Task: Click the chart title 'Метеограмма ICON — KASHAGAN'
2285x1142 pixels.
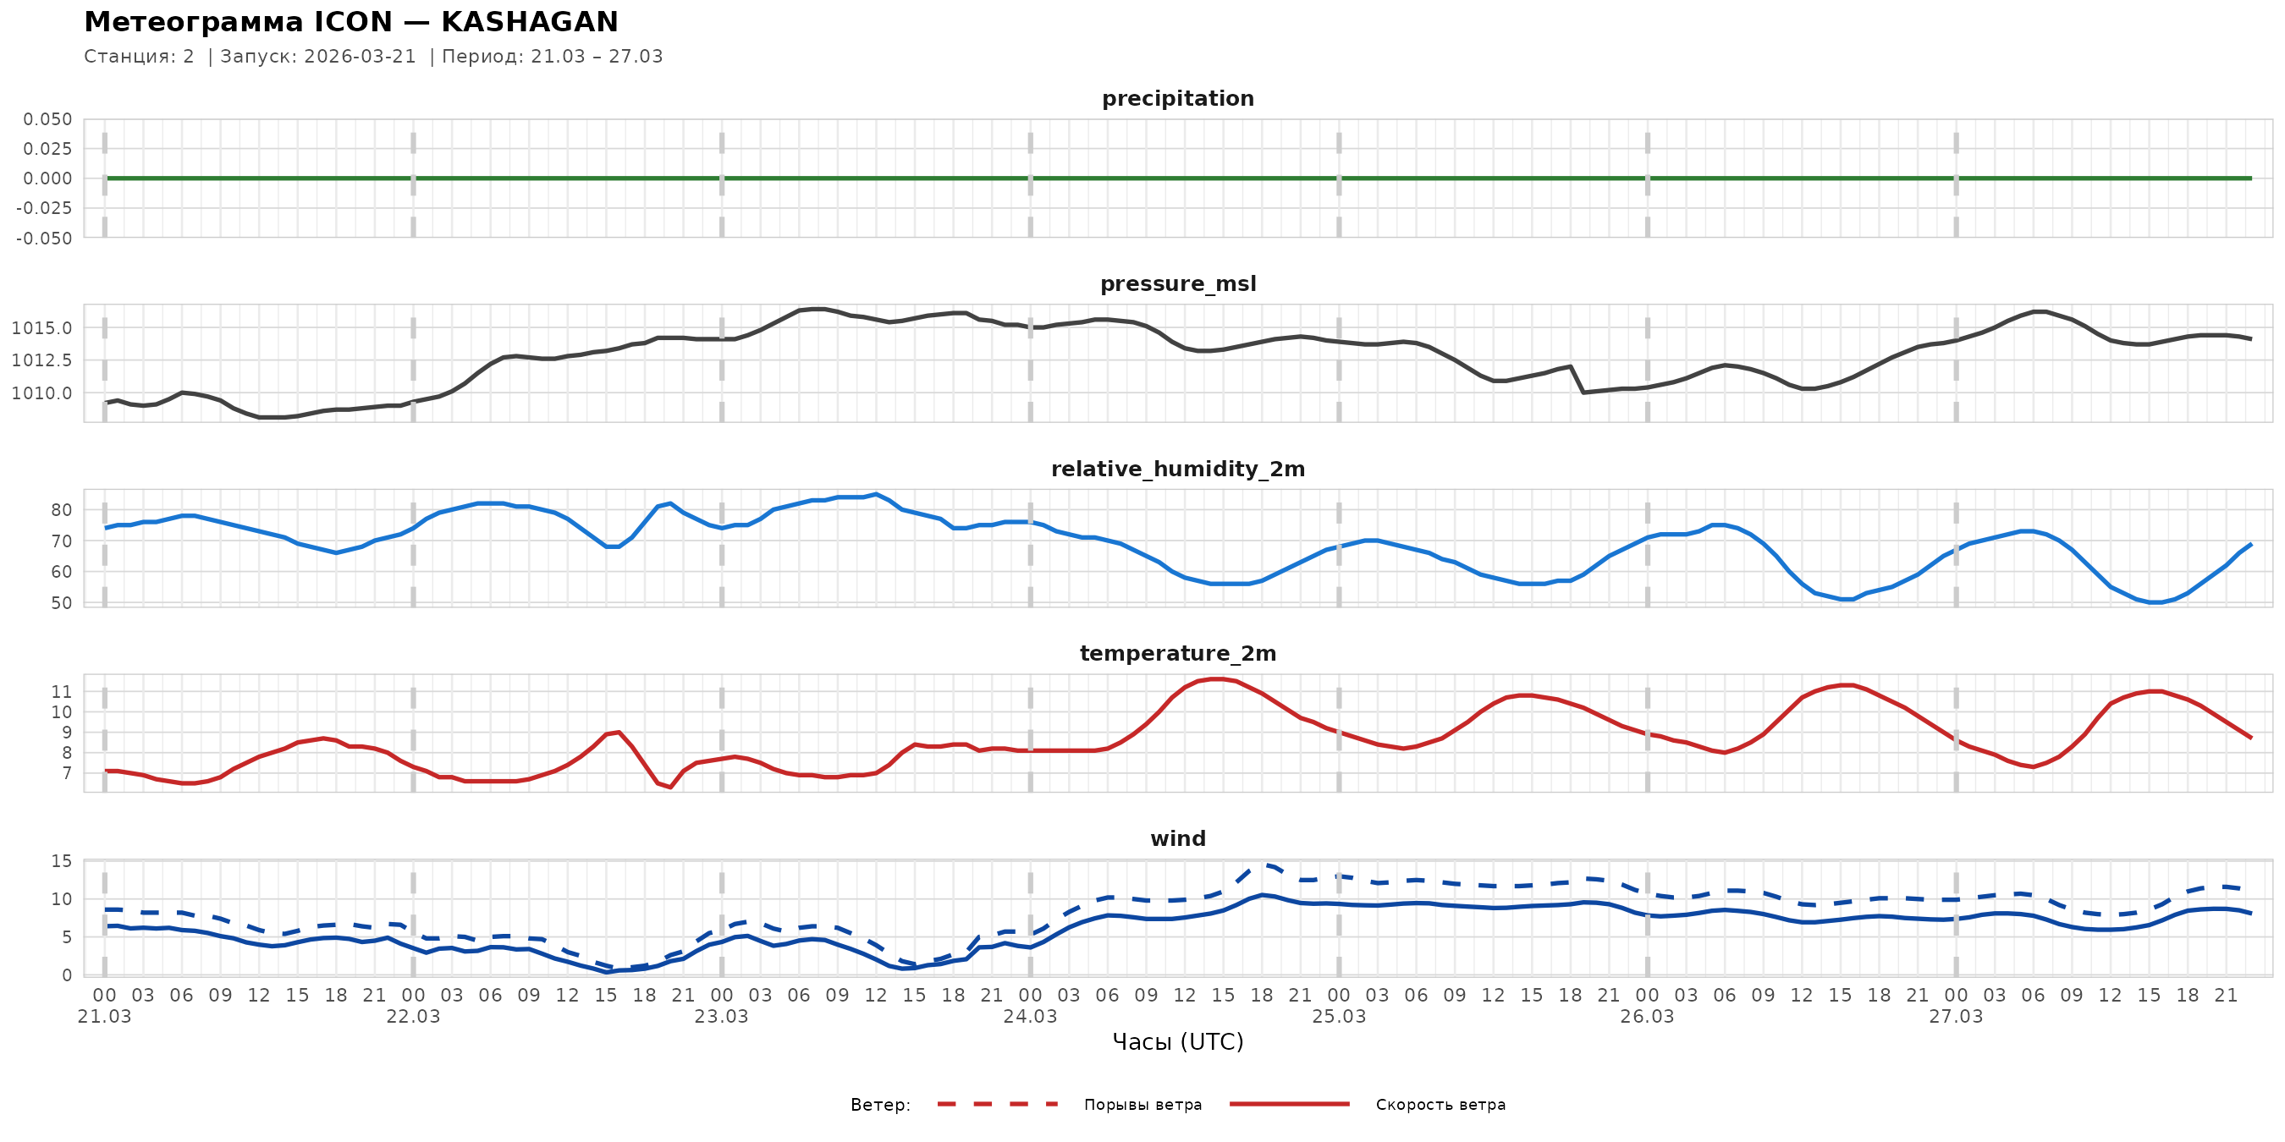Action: click(350, 21)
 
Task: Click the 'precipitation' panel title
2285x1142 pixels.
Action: click(1177, 98)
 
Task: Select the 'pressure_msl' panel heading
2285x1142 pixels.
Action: click(1177, 283)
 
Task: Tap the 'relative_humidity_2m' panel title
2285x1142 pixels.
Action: click(1177, 469)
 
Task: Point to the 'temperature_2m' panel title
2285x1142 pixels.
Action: click(1177, 653)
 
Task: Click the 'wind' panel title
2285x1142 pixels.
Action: click(1177, 839)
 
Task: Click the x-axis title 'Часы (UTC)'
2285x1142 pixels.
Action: click(1177, 1042)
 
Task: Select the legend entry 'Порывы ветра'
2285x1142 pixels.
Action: click(1142, 1105)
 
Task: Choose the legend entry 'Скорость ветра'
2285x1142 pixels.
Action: click(1440, 1105)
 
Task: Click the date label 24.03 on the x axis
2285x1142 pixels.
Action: click(1030, 1017)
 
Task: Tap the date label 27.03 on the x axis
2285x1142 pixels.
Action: click(1955, 1017)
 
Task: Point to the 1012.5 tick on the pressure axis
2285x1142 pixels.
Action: click(41, 360)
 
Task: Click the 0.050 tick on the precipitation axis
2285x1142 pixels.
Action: click(48, 118)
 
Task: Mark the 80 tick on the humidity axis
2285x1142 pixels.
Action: click(61, 510)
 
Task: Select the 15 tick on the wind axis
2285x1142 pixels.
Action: click(61, 861)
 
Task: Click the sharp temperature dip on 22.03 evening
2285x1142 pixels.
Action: click(669, 787)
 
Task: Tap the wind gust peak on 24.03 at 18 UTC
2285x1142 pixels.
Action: click(1264, 865)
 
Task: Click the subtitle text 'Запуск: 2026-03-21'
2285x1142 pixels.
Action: click(317, 57)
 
